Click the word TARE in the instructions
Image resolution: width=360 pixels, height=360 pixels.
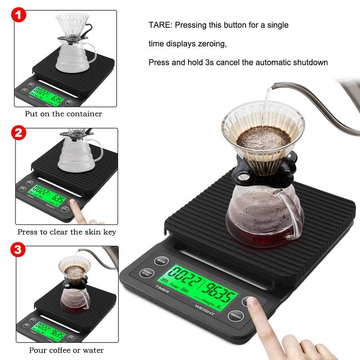click(x=159, y=25)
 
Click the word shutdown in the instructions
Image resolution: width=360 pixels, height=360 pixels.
click(x=309, y=62)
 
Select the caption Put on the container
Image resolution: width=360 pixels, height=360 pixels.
click(x=63, y=114)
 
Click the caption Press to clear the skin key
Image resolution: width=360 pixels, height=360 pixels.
click(x=67, y=232)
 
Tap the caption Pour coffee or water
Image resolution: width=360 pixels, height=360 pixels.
click(x=66, y=350)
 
